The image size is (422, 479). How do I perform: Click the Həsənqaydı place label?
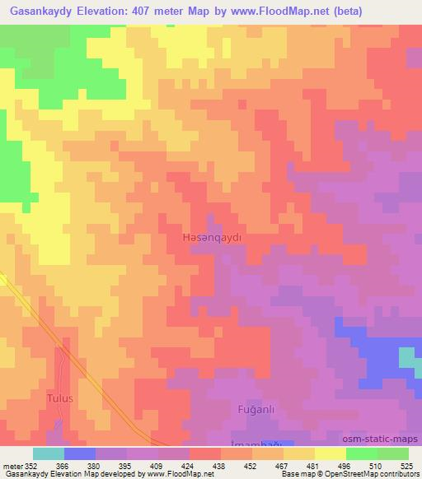pos(210,237)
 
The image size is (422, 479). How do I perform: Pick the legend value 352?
pos(30,466)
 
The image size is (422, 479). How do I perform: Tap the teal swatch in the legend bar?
pos(49,454)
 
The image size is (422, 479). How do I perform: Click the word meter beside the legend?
pos(12,466)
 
